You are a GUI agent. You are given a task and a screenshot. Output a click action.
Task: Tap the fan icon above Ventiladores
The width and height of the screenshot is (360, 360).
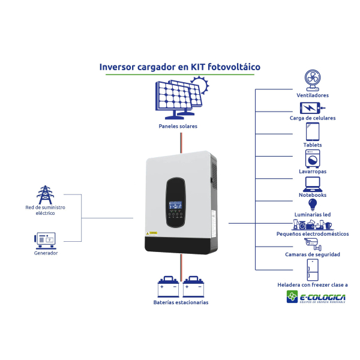312,80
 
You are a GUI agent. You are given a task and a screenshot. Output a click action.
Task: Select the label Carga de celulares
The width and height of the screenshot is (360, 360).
313,118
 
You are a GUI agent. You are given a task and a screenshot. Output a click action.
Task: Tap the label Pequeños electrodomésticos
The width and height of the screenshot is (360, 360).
313,234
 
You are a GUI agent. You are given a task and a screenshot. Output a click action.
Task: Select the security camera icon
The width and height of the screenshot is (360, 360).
312,244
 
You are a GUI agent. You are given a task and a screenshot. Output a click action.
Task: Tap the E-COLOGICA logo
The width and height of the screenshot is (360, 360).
316,297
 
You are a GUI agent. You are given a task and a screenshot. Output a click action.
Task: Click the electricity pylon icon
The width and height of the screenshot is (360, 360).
45,195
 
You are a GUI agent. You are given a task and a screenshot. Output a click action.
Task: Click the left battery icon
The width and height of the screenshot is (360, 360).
168,287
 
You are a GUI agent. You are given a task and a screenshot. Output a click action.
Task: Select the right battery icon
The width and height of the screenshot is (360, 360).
193,287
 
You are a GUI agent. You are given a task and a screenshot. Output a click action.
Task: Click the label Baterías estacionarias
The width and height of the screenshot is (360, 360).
181,302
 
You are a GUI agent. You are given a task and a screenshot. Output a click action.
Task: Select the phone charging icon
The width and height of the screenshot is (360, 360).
311,108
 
